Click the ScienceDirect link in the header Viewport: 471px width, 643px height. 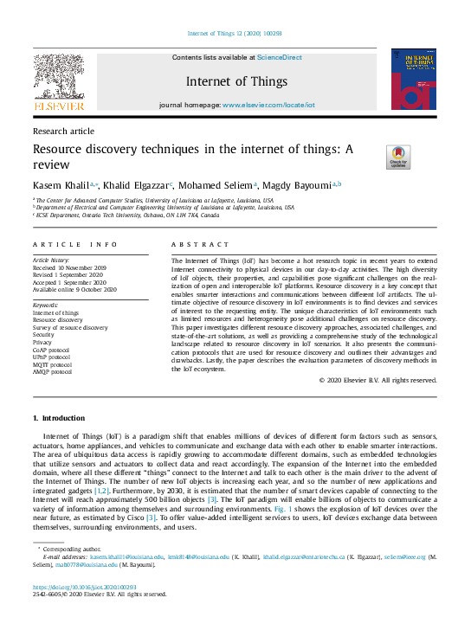point(278,57)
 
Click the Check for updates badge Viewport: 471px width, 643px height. point(397,157)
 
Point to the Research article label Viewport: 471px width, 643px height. point(63,131)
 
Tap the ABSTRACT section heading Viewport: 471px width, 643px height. point(201,245)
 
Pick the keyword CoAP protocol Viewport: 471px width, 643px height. point(52,350)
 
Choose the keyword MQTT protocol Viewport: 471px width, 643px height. point(52,364)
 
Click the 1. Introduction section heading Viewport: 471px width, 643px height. point(59,418)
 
